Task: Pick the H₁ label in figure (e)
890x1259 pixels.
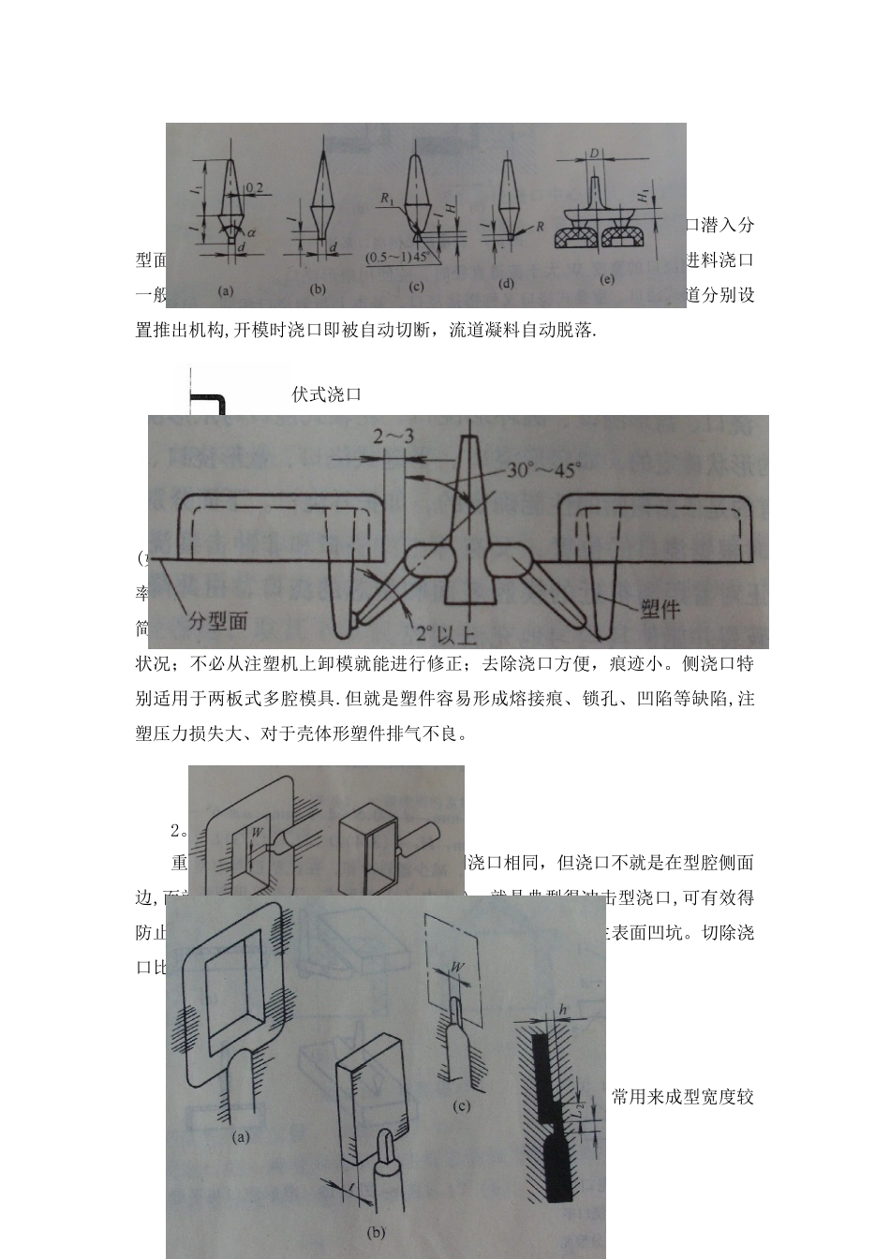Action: pyautogui.click(x=641, y=195)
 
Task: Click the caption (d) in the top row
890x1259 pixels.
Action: pyautogui.click(x=506, y=282)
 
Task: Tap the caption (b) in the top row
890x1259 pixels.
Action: pyautogui.click(x=318, y=289)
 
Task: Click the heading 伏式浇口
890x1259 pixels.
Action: pyautogui.click(x=326, y=394)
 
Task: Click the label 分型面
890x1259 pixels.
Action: pyautogui.click(x=218, y=620)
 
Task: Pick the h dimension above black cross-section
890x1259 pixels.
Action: pyautogui.click(x=563, y=1009)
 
